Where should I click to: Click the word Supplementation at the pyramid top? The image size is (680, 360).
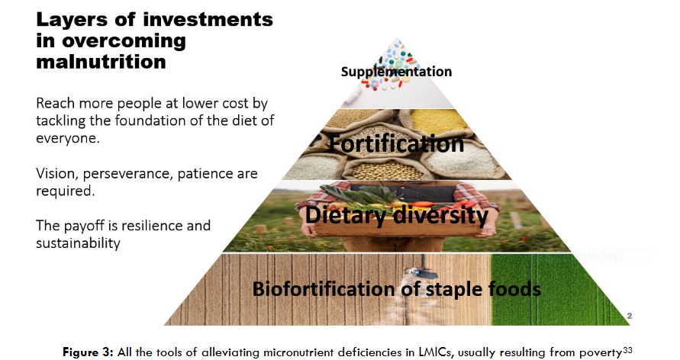[x=396, y=72]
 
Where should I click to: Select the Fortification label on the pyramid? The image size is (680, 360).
[x=397, y=143]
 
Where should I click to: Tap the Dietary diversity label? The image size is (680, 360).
[x=397, y=215]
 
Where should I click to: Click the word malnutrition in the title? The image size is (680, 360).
[x=101, y=61]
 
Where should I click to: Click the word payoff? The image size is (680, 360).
[x=84, y=226]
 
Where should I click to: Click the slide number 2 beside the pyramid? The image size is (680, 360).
[x=629, y=315]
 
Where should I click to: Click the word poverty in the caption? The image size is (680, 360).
[x=597, y=352]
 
